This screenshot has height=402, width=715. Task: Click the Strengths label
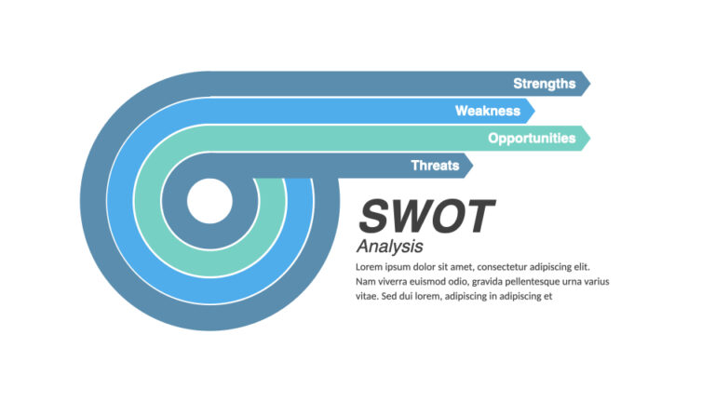(x=544, y=84)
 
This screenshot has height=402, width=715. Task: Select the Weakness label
(x=487, y=112)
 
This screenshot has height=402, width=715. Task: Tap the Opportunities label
(x=532, y=139)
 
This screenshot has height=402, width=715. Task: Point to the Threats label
(x=435, y=166)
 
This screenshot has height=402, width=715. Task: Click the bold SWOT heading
(x=425, y=217)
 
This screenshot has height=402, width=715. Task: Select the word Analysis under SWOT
(x=389, y=247)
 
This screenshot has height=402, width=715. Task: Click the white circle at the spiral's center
(x=209, y=201)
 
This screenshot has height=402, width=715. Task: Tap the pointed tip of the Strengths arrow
(x=589, y=84)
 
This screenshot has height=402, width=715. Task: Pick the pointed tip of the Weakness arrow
(x=534, y=112)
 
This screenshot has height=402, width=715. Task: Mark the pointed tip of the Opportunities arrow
(x=589, y=139)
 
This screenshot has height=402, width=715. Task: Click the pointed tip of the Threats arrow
(x=473, y=166)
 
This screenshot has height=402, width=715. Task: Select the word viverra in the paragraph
(x=397, y=281)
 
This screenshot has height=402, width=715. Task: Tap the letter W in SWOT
(x=410, y=217)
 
